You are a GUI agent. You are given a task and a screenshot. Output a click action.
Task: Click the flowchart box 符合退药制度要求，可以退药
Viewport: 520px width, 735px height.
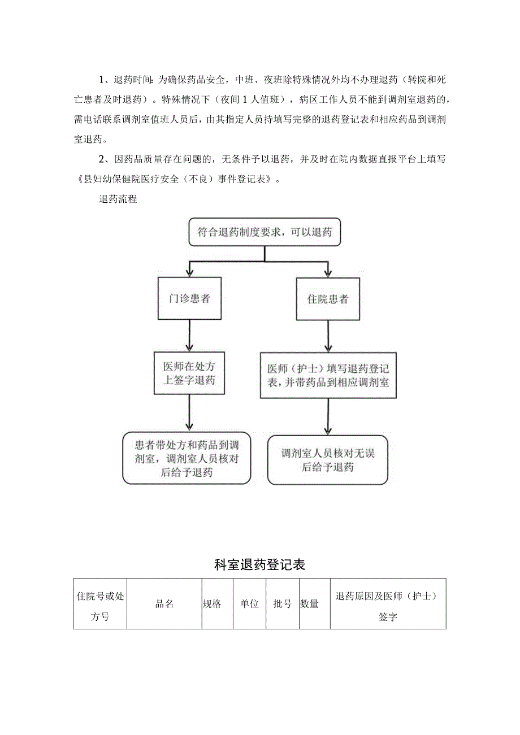[265, 232]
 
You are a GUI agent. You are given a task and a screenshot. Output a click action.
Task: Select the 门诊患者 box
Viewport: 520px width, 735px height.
[189, 298]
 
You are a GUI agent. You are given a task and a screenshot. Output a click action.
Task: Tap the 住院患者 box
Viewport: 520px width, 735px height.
[328, 298]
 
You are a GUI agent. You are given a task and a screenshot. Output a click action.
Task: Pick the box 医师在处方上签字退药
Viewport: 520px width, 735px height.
[189, 373]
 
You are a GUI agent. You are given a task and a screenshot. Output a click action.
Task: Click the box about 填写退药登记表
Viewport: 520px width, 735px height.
[328, 375]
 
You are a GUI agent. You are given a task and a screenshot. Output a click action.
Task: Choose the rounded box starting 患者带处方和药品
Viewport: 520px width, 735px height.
[187, 459]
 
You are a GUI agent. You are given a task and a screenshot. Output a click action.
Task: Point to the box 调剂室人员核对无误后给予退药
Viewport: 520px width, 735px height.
[328, 459]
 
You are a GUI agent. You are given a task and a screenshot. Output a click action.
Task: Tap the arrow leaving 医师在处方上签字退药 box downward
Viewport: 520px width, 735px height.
[189, 412]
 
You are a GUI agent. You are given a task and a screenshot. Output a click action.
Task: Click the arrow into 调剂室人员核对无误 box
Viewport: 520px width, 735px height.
[328, 416]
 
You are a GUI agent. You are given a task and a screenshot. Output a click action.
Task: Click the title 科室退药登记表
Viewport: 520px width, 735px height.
[260, 564]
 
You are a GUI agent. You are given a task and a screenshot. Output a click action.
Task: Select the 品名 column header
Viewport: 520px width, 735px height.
[164, 604]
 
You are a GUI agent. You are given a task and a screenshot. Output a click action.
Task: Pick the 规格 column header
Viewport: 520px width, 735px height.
[212, 604]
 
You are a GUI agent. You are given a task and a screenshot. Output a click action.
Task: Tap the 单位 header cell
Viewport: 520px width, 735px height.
[249, 604]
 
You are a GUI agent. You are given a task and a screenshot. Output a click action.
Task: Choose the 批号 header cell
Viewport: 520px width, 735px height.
[282, 604]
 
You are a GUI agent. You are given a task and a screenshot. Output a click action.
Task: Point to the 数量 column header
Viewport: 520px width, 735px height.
[310, 604]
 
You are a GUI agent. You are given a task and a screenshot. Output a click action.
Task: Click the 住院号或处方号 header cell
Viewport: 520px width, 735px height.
[100, 604]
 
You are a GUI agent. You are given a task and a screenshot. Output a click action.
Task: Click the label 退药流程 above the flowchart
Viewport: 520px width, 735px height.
[118, 199]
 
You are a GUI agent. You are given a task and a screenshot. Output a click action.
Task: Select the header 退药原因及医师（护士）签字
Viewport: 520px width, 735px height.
[388, 604]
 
